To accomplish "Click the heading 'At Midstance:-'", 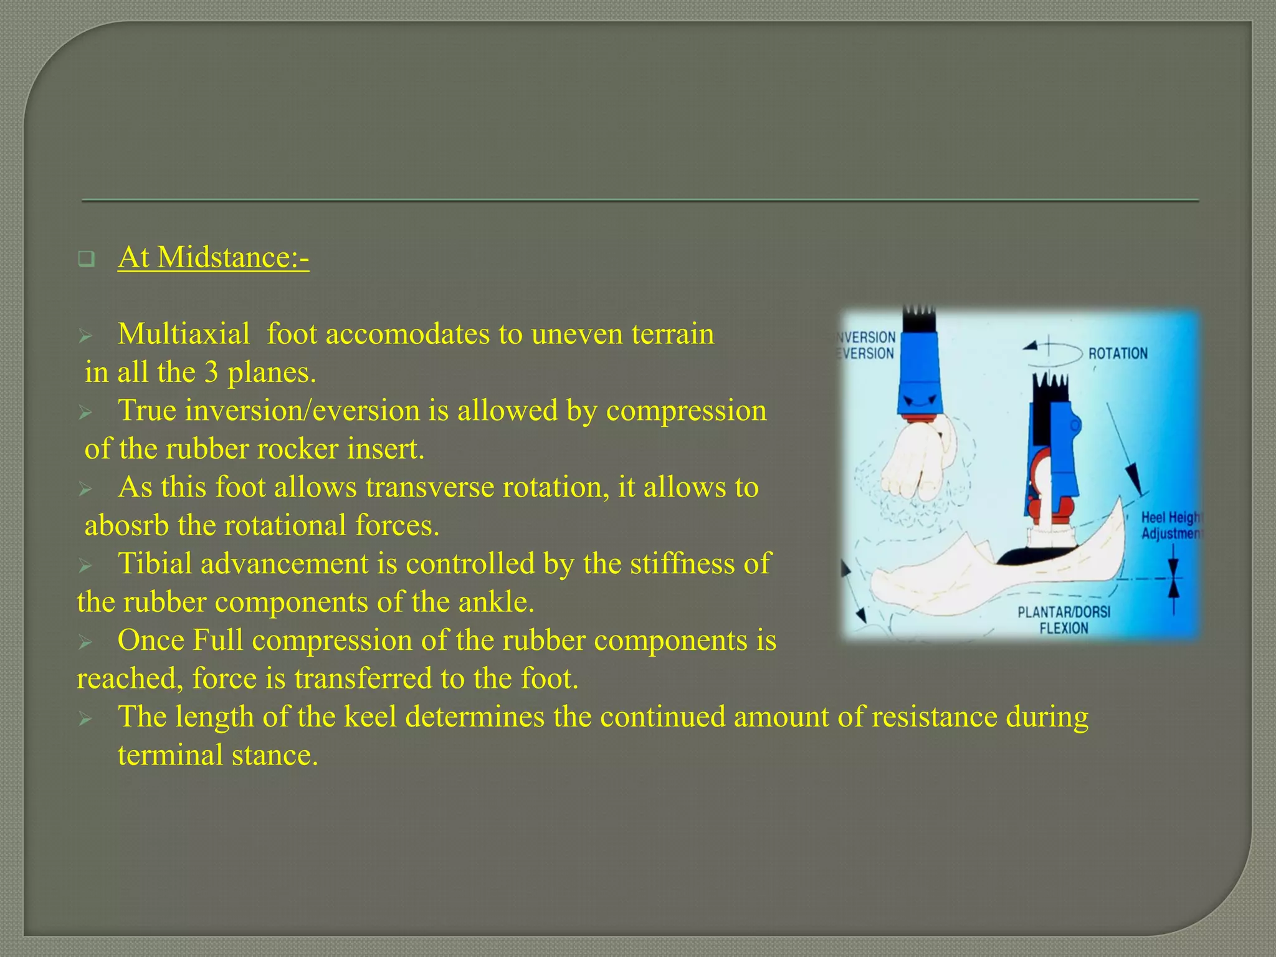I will [213, 258].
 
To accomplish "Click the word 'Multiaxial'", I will [184, 335].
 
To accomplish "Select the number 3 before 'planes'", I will [211, 373].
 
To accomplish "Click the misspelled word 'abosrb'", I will [126, 526].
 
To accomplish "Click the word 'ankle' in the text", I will [496, 602].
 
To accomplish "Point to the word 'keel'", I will [370, 717].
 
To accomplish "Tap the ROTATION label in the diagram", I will [1118, 354].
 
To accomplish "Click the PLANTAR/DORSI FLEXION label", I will [1064, 620].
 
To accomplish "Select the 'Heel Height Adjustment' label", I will [1170, 526].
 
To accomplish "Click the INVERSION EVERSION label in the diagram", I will [867, 345].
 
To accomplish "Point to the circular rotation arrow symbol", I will [1050, 349].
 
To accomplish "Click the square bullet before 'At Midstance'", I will [86, 259].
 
